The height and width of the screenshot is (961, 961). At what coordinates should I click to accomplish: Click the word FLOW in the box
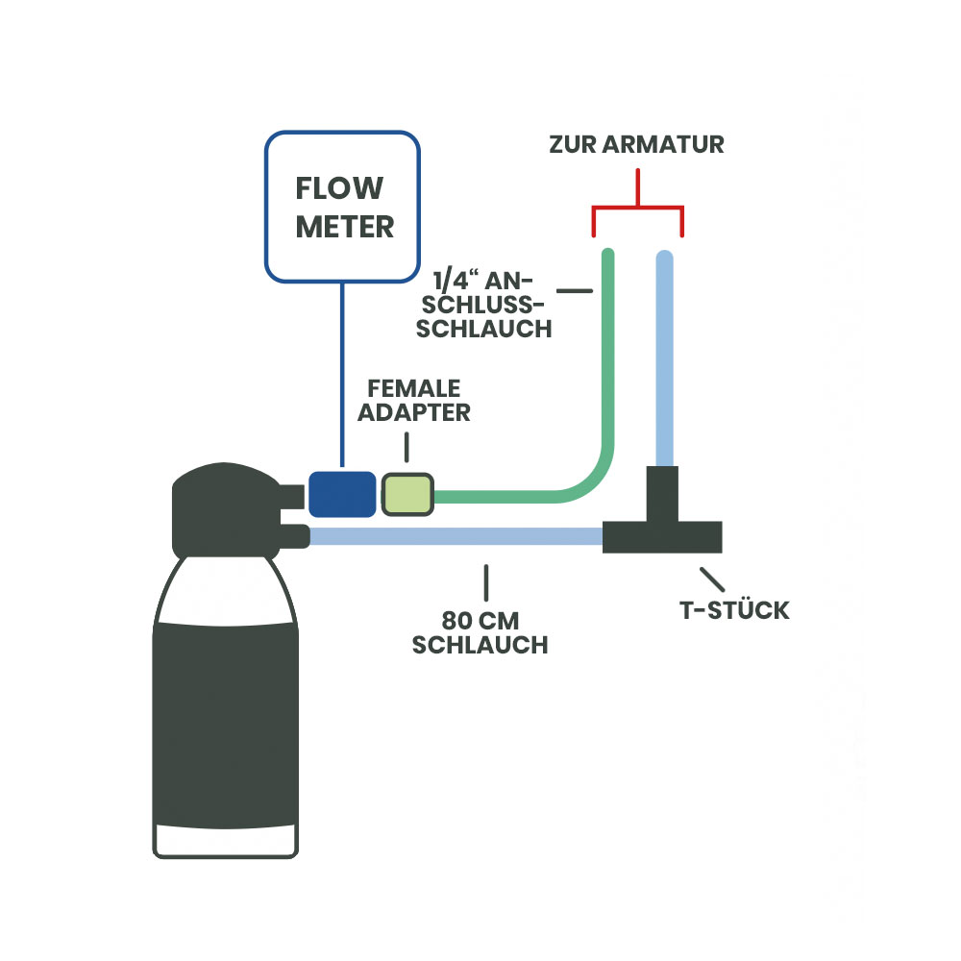[339, 188]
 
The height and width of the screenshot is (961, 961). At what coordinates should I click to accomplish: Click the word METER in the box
[344, 227]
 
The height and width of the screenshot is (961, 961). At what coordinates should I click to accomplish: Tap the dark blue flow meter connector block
[341, 494]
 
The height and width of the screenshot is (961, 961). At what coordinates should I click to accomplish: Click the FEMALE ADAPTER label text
[416, 401]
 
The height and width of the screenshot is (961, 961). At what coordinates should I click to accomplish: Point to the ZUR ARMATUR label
[636, 145]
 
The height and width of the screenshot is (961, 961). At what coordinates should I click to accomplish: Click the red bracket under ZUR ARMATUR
[637, 208]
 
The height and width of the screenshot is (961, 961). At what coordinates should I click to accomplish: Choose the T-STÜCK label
[734, 609]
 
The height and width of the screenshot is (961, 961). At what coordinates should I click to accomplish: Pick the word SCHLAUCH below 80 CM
[480, 645]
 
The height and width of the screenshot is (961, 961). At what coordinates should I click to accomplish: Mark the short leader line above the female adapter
[407, 447]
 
